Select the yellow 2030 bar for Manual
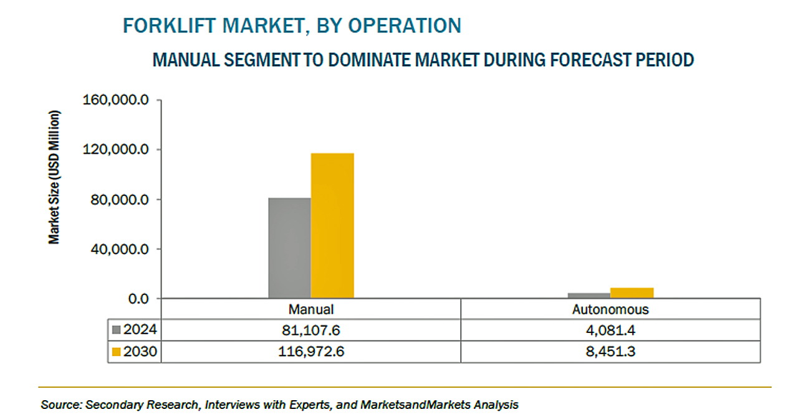332,225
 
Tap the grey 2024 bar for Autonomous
589,295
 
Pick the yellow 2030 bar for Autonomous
632,293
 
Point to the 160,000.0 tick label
118,100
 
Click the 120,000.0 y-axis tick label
118,150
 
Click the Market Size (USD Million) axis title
55,177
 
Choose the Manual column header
311,309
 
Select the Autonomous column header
610,309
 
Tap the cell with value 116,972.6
311,352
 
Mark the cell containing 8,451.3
610,352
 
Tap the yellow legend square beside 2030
117,352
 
